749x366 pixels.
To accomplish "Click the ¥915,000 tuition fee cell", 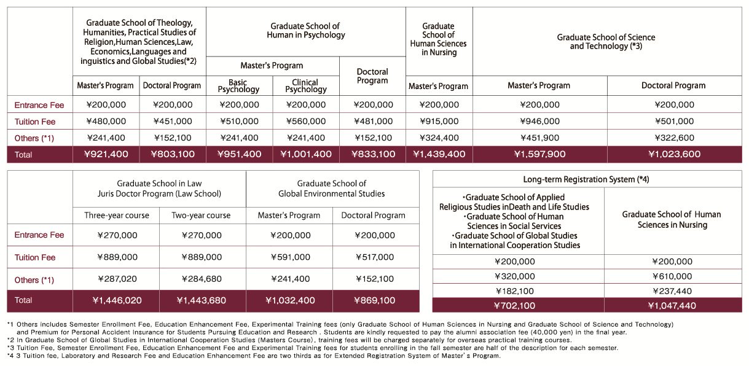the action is (x=439, y=121).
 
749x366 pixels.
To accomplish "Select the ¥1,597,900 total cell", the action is (x=539, y=154).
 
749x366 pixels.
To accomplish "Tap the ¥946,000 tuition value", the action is (x=539, y=121).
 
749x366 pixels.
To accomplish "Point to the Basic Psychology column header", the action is (x=238, y=86).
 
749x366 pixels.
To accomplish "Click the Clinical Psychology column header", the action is (x=305, y=86).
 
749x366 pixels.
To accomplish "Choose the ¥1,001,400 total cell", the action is (x=305, y=154).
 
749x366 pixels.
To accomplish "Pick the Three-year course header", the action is (x=116, y=216).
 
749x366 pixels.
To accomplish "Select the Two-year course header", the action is (x=201, y=216).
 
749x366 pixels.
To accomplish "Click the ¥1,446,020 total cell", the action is (x=117, y=300).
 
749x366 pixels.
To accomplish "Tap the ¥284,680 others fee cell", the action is (x=202, y=279).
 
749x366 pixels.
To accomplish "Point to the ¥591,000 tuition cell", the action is (x=290, y=257).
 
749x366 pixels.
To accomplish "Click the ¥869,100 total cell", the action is (x=375, y=300).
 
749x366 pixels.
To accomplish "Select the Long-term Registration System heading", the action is (x=586, y=179).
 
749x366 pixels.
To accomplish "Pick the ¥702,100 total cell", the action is (x=515, y=305).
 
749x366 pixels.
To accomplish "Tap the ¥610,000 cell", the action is (x=672, y=276).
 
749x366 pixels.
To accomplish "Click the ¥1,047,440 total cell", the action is (x=672, y=305).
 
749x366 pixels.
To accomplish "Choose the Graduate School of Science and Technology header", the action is (x=606, y=42).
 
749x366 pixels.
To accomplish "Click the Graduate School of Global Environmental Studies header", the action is (x=332, y=189).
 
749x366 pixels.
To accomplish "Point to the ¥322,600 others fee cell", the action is (x=674, y=138).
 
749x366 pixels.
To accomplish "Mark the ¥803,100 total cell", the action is (x=173, y=154).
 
